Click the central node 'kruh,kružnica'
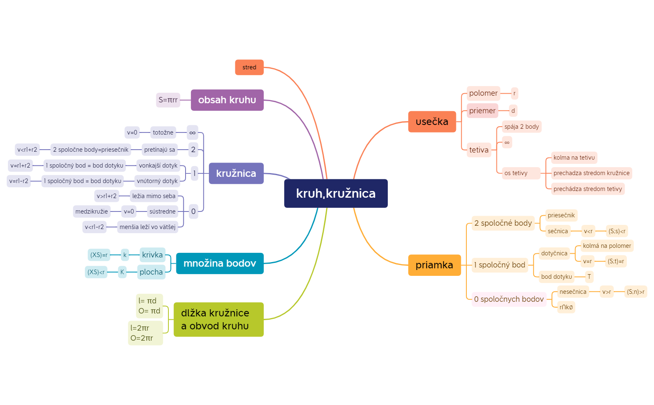click(x=336, y=194)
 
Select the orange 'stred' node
click(x=249, y=67)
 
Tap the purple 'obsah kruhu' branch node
click(x=227, y=100)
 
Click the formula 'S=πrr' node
click(x=168, y=100)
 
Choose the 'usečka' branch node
click(x=432, y=122)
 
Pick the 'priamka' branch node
click(x=434, y=265)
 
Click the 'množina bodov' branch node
click(x=219, y=263)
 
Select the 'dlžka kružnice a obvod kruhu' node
click(x=219, y=319)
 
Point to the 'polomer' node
click(x=483, y=93)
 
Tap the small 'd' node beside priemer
click(x=513, y=111)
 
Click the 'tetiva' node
click(x=478, y=150)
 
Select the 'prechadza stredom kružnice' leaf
click(x=591, y=173)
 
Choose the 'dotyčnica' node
click(x=554, y=253)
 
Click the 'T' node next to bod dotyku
click(x=589, y=277)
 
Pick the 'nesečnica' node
click(x=573, y=292)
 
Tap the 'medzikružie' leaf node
click(x=92, y=211)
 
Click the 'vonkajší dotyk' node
click(x=158, y=166)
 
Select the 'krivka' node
click(x=152, y=255)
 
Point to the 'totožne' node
click(x=163, y=132)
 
